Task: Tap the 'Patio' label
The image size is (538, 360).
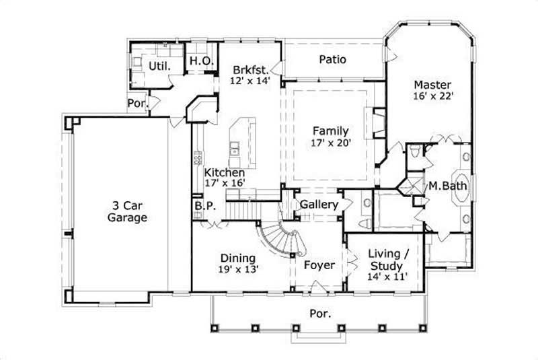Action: tap(332, 60)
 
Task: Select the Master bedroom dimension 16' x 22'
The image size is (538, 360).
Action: tap(432, 96)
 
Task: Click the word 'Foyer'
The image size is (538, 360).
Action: tap(319, 265)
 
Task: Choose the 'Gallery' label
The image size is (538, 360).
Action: tap(319, 204)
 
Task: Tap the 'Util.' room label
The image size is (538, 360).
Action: tap(159, 66)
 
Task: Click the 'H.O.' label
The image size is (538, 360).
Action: tap(201, 61)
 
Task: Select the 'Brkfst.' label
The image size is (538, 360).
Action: tap(251, 69)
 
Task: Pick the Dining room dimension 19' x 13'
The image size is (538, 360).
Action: tap(237, 268)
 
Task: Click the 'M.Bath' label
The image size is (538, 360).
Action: tap(449, 186)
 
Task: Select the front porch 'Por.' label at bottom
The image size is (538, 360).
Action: tap(319, 313)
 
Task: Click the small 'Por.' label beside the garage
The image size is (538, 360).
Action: tap(137, 104)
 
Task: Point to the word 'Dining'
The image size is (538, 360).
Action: tap(237, 258)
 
